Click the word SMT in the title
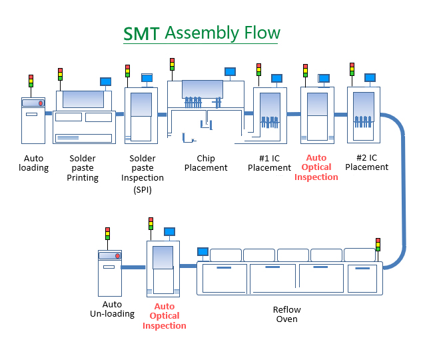point(142,34)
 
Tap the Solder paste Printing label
point(83,168)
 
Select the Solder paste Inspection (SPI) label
point(143,173)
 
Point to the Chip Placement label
point(206,163)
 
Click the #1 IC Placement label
point(269,163)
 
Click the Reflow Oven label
point(287,314)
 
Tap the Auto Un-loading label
point(112,309)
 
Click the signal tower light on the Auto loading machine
point(31,81)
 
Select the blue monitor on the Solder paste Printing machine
point(105,82)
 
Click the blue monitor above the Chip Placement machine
point(230,71)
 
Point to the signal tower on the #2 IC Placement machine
point(352,69)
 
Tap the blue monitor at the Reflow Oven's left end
point(203,251)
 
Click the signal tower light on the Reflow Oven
point(378,245)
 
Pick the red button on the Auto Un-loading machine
point(118,255)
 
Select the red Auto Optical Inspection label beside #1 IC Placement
point(316,167)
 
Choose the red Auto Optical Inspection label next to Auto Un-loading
point(164,317)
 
